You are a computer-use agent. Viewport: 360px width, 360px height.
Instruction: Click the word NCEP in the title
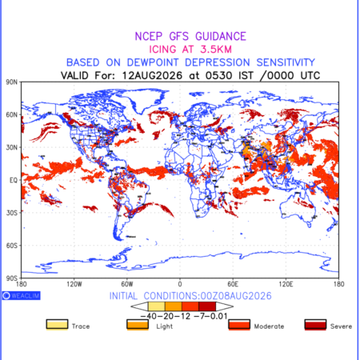point(149,37)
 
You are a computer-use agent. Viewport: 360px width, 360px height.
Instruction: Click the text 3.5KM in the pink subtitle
point(216,50)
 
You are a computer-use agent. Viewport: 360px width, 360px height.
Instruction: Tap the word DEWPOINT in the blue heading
point(153,62)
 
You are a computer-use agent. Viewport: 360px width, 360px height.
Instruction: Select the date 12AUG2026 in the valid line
point(152,76)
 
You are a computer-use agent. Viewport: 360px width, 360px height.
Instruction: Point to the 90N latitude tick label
point(12,82)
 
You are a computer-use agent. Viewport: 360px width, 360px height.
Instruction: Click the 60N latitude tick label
point(12,115)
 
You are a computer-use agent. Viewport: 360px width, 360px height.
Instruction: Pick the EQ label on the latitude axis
point(14,180)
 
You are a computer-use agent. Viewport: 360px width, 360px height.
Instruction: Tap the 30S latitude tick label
point(12,213)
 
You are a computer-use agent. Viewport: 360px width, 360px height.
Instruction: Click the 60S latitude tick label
point(12,246)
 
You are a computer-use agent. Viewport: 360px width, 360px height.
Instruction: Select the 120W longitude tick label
point(74,284)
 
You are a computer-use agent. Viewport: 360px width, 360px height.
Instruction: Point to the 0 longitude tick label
point(180,284)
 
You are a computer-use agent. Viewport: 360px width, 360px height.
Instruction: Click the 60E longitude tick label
point(233,284)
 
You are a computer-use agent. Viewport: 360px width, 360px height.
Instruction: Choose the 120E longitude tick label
point(286,284)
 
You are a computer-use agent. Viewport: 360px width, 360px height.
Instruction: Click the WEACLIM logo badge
point(22,295)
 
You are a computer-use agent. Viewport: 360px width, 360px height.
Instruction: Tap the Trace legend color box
point(57,325)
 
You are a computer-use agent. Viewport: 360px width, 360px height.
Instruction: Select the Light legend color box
point(138,325)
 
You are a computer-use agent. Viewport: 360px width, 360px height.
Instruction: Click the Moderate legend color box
point(239,325)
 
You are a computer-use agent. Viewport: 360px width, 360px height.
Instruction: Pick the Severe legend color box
point(315,325)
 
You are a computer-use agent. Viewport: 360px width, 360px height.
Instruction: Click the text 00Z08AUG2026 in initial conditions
point(236,296)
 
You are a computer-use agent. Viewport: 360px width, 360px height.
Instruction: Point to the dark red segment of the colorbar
point(207,306)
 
